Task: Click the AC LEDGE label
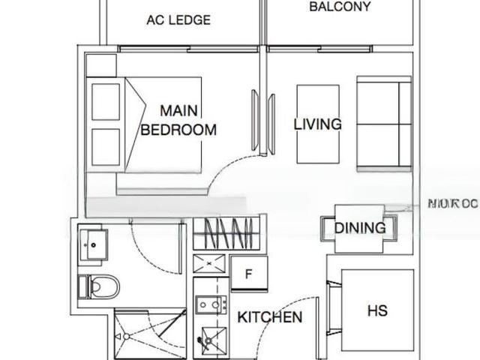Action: tap(178, 20)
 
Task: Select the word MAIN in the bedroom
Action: tap(178, 109)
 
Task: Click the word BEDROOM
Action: tap(178, 130)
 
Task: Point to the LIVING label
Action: tap(317, 124)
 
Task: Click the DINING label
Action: tap(360, 228)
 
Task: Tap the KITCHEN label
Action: tap(270, 317)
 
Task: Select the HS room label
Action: tap(377, 310)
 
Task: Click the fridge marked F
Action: tap(247, 274)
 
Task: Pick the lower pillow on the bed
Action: tap(106, 146)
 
